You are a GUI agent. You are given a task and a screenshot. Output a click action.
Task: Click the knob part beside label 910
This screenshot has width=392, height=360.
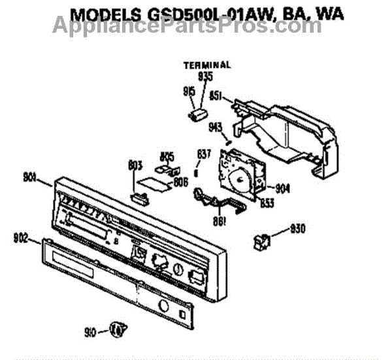tap(116, 329)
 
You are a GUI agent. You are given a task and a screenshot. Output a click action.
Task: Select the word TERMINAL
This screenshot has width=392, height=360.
tap(206, 65)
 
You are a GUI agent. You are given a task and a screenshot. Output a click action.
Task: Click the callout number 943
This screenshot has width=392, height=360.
tap(215, 126)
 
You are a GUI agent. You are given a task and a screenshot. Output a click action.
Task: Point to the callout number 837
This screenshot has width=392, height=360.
tap(204, 154)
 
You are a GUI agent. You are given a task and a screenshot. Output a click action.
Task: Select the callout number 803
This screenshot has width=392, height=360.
tap(136, 166)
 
